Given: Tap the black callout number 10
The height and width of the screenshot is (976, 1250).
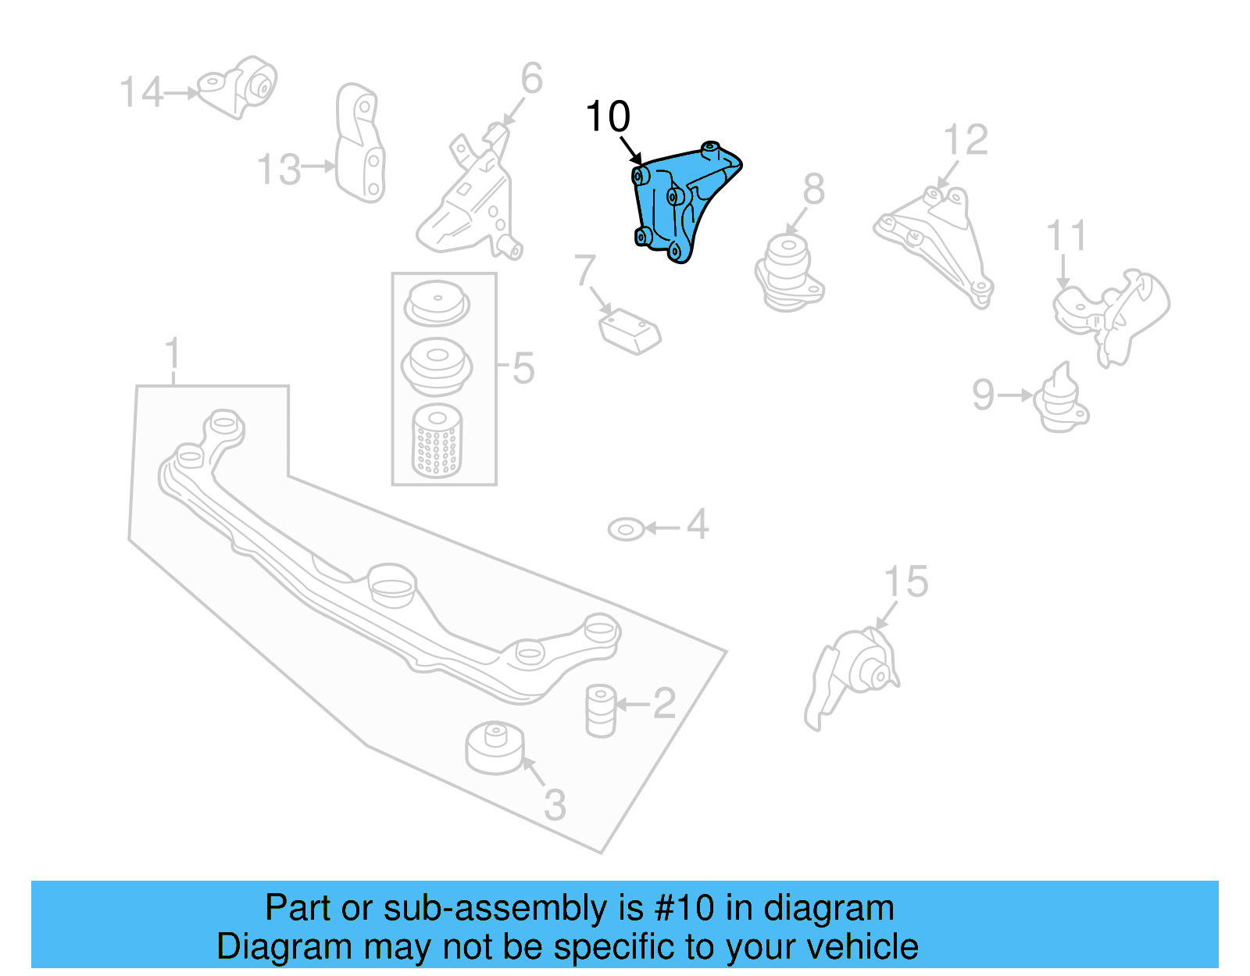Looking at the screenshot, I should pyautogui.click(x=607, y=117).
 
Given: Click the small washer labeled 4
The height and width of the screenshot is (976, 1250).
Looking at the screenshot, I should pyautogui.click(x=625, y=530).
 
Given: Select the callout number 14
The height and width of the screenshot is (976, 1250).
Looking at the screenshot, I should pyautogui.click(x=141, y=93).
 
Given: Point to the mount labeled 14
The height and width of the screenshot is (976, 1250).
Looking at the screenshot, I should pyautogui.click(x=238, y=86).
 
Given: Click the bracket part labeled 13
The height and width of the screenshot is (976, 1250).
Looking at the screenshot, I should pyautogui.click(x=360, y=144).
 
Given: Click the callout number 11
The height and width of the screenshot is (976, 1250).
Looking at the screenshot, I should pyautogui.click(x=1066, y=236).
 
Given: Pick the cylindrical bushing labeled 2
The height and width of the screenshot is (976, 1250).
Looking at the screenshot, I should pyautogui.click(x=600, y=710).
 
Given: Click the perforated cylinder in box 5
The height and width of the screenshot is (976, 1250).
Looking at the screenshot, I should pyautogui.click(x=437, y=441).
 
